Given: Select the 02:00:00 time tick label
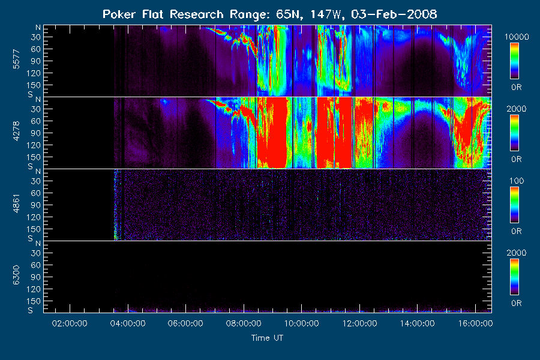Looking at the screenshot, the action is (x=70, y=323).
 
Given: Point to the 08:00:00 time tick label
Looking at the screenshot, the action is (x=244, y=323).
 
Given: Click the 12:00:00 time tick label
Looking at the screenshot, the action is (x=359, y=323).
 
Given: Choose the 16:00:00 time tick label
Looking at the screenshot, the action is (x=476, y=323).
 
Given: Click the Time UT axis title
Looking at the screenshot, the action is (x=267, y=338).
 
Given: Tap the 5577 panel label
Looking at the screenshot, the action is (x=16, y=59).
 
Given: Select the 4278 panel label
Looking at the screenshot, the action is (x=16, y=131).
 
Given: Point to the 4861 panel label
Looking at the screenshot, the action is (x=16, y=203).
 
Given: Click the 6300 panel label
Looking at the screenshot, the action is (x=16, y=275).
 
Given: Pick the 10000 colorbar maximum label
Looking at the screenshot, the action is (x=517, y=37).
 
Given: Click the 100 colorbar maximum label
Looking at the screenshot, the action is (x=517, y=181).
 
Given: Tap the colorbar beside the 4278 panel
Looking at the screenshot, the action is (x=515, y=133).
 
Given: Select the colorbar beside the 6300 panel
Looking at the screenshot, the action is (x=515, y=277).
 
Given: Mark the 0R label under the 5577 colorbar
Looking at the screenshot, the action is (x=517, y=88).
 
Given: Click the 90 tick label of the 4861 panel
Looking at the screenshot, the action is (x=36, y=205).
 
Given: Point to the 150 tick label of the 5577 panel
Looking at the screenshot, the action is (x=34, y=85).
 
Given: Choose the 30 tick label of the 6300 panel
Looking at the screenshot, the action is (x=36, y=253).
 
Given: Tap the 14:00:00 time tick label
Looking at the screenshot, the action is (x=418, y=323).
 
